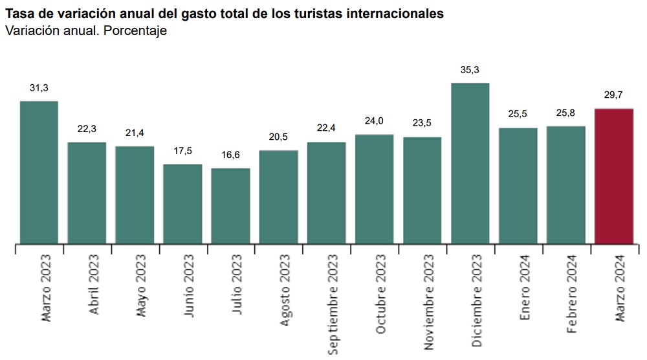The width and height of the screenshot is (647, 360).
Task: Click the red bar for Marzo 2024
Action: [x=613, y=176]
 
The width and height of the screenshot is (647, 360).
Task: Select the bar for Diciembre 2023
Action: [x=470, y=163]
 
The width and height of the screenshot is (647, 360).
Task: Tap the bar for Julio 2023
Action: [x=230, y=206]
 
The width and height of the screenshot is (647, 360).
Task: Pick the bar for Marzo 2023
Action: [x=39, y=173]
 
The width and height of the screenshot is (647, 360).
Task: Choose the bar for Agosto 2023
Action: [x=278, y=197]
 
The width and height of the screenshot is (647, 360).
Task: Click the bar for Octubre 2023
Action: [x=374, y=189]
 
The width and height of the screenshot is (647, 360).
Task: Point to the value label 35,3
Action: [x=470, y=70]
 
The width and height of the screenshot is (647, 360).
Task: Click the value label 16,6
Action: [x=230, y=155]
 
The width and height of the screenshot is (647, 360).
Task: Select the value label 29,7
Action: [x=613, y=95]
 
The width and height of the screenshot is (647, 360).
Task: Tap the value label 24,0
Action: [x=374, y=121]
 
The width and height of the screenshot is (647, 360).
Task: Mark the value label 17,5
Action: [x=182, y=151]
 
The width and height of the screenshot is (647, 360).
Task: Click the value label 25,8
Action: [x=565, y=113]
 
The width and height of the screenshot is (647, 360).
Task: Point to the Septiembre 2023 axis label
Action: [x=333, y=304]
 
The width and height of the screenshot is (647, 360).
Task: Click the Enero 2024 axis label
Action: [x=525, y=287]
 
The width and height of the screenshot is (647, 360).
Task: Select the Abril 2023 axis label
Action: [x=94, y=284]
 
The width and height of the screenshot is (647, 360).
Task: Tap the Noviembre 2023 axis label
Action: [x=429, y=302]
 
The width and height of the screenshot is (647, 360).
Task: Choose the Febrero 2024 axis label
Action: [x=572, y=293]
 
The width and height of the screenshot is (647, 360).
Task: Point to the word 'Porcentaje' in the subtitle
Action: [x=135, y=31]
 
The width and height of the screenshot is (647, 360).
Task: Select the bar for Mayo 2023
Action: [x=135, y=195]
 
